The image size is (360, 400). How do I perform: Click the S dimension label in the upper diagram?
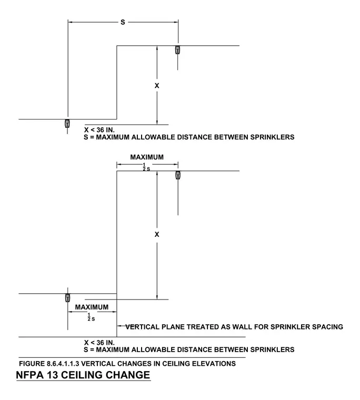(123, 22)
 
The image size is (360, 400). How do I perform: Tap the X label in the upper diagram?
(157, 86)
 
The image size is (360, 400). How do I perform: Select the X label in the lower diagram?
(157, 234)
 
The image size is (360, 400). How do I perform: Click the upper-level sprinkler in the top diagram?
(177, 50)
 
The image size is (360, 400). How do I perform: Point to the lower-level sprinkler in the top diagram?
(67, 124)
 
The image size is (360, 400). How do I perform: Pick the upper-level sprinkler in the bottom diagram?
(178, 175)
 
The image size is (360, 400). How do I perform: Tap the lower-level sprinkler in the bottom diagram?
(67, 298)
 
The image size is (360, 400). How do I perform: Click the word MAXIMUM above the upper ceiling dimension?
(147, 157)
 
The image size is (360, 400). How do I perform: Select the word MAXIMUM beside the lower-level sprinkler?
(92, 307)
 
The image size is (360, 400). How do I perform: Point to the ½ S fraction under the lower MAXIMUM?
(91, 317)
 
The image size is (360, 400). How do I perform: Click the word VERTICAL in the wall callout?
(142, 327)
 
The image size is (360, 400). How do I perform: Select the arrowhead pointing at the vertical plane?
(119, 326)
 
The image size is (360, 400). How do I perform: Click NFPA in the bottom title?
(27, 375)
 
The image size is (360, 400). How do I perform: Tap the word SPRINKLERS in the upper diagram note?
(272, 137)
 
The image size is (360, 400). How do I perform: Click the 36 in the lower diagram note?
(101, 343)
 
